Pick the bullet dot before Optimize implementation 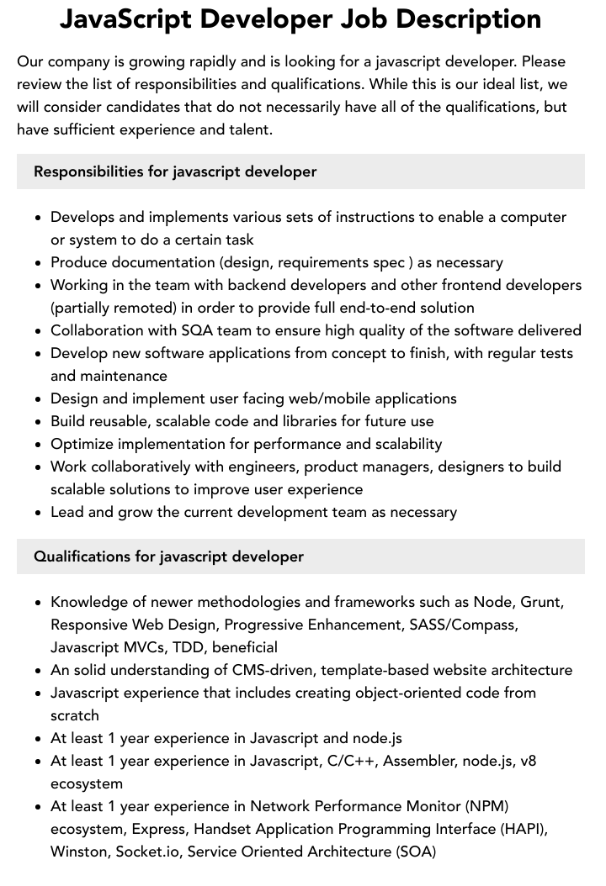pyautogui.click(x=39, y=444)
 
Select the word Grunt pyautogui.click(x=541, y=602)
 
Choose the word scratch pyautogui.click(x=75, y=715)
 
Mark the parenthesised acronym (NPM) pyautogui.click(x=480, y=806)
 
